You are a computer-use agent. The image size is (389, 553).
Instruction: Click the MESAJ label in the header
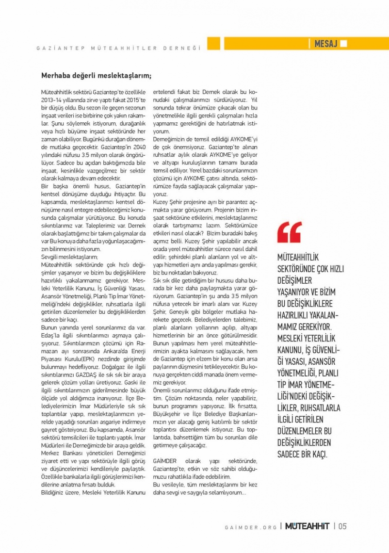pos(325,44)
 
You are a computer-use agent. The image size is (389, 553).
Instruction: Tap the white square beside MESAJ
pos(344,44)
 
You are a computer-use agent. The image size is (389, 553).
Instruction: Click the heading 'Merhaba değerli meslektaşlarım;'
pos(96,75)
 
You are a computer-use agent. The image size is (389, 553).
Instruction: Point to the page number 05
pos(342,526)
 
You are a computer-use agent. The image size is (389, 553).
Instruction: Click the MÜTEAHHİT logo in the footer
pos(307,526)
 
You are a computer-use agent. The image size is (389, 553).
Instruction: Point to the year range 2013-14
pos(51,99)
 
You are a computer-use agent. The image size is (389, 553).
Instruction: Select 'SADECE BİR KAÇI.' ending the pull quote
pos(302,455)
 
